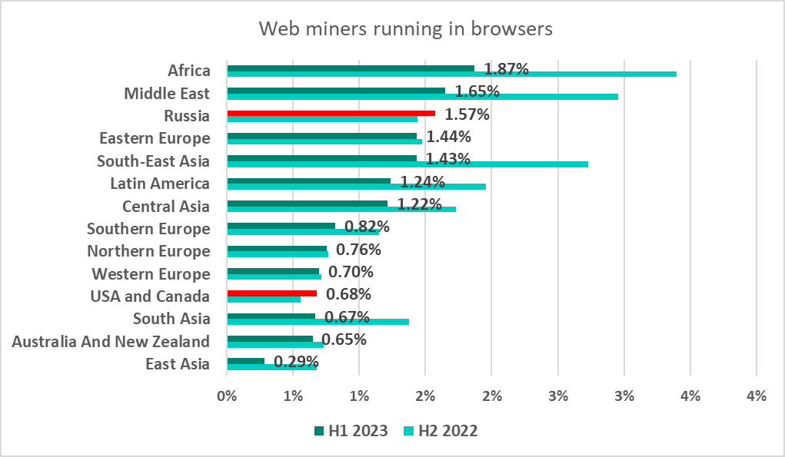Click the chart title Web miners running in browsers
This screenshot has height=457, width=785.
click(x=405, y=29)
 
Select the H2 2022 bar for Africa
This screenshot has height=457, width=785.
click(x=451, y=74)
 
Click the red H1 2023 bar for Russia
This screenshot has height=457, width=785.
click(x=331, y=113)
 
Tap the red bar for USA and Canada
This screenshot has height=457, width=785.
click(x=271, y=293)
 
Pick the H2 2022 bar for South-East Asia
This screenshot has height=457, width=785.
click(x=407, y=164)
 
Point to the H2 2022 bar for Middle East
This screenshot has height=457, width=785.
click(x=422, y=96)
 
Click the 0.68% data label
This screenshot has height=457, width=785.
click(x=348, y=294)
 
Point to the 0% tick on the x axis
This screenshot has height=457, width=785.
click(x=227, y=396)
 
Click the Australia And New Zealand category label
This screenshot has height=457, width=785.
click(x=111, y=341)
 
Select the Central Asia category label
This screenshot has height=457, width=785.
click(x=165, y=207)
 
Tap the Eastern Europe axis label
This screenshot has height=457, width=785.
click(x=154, y=138)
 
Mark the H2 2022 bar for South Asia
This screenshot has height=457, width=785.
click(x=318, y=321)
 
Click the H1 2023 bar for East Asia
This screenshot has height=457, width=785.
click(x=245, y=360)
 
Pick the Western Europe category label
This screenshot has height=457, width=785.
click(x=150, y=274)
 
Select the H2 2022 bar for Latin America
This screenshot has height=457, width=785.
click(x=356, y=186)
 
